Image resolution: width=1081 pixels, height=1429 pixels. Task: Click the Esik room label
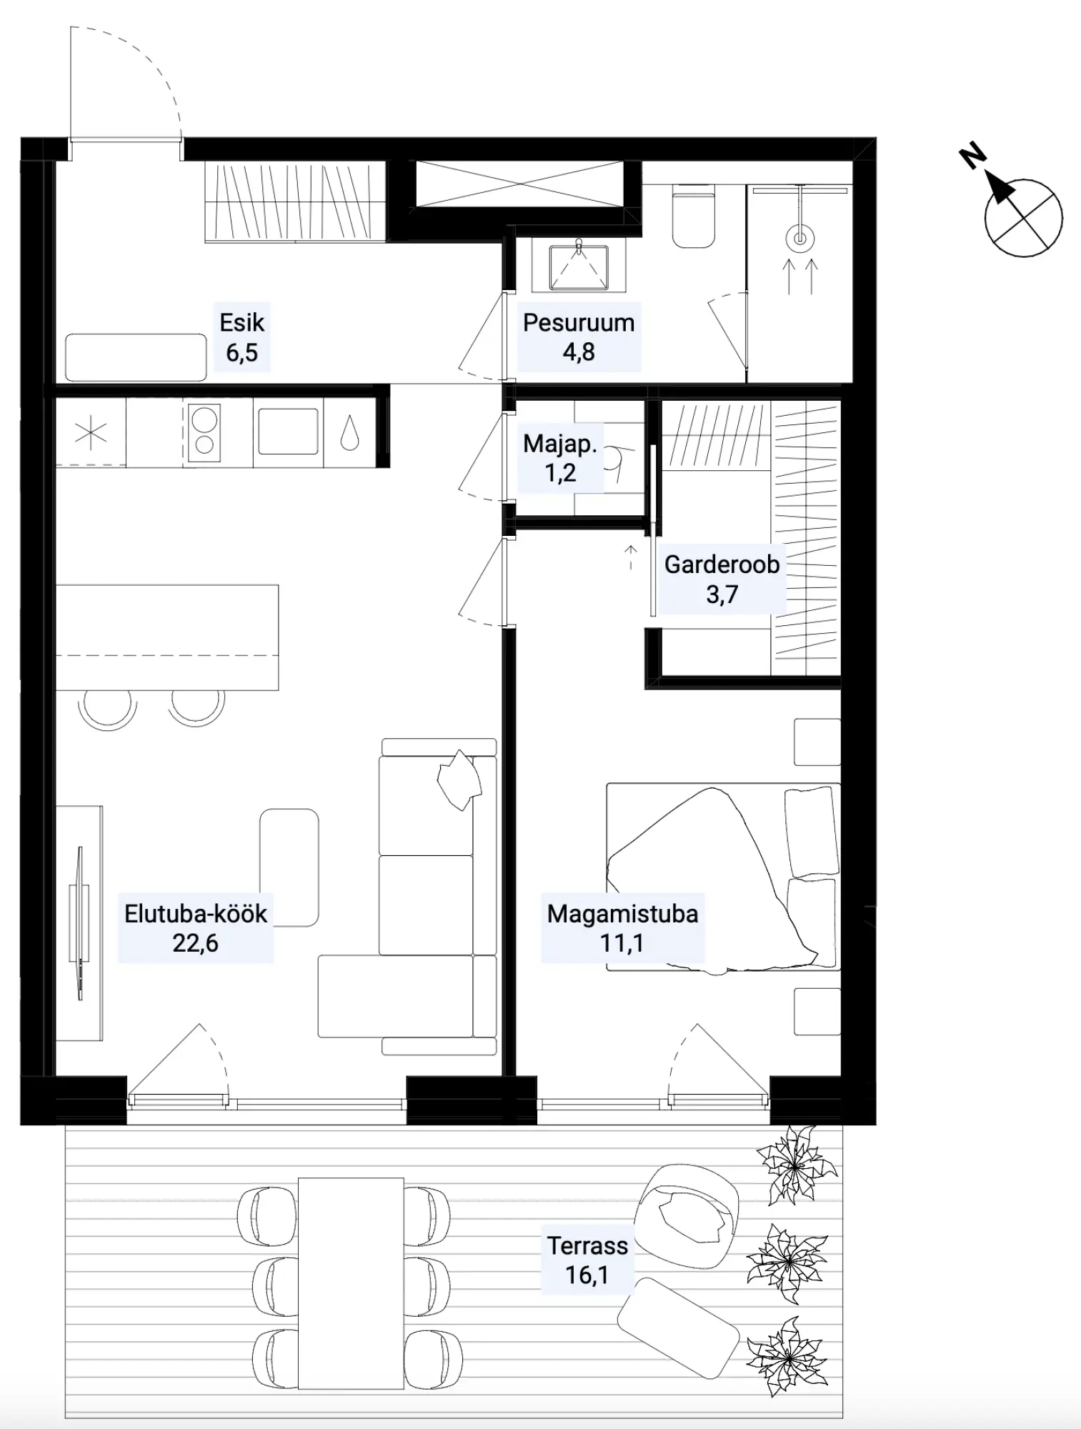241,323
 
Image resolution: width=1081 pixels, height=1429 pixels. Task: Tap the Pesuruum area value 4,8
579,352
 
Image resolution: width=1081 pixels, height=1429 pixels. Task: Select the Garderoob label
722,564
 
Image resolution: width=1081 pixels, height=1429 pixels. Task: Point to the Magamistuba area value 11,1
622,943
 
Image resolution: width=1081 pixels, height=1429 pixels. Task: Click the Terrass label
587,1245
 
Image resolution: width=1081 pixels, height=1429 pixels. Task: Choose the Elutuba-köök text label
196,914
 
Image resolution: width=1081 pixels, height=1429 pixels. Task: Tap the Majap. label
559,444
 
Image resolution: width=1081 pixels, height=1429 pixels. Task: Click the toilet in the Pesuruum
694,215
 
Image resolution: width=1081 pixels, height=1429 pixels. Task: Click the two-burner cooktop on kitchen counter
205,432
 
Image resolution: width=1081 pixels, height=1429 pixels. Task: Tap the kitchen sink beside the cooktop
288,431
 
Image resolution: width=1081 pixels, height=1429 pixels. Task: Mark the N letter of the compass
972,156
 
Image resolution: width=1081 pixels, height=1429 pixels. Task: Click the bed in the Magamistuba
723,877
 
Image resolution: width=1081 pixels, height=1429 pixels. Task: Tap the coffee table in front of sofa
289,867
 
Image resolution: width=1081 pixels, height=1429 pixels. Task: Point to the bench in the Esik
136,357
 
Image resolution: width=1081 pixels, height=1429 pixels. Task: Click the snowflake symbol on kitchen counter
91,434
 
